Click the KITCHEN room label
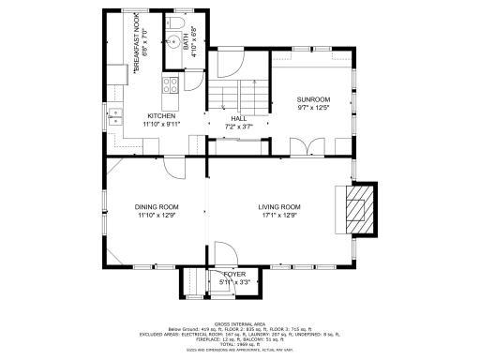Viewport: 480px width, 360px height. (159, 115)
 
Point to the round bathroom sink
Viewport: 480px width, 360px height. (172, 40)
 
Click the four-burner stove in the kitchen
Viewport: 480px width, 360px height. (172, 86)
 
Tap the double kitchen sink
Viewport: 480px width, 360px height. (115, 116)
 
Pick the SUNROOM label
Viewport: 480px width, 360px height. (312, 98)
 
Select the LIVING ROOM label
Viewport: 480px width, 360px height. (279, 207)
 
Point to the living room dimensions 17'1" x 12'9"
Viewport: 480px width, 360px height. (279, 215)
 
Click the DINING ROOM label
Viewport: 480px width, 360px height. (157, 207)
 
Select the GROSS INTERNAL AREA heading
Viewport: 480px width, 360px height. (240, 322)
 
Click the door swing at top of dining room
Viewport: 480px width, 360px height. (174, 166)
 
